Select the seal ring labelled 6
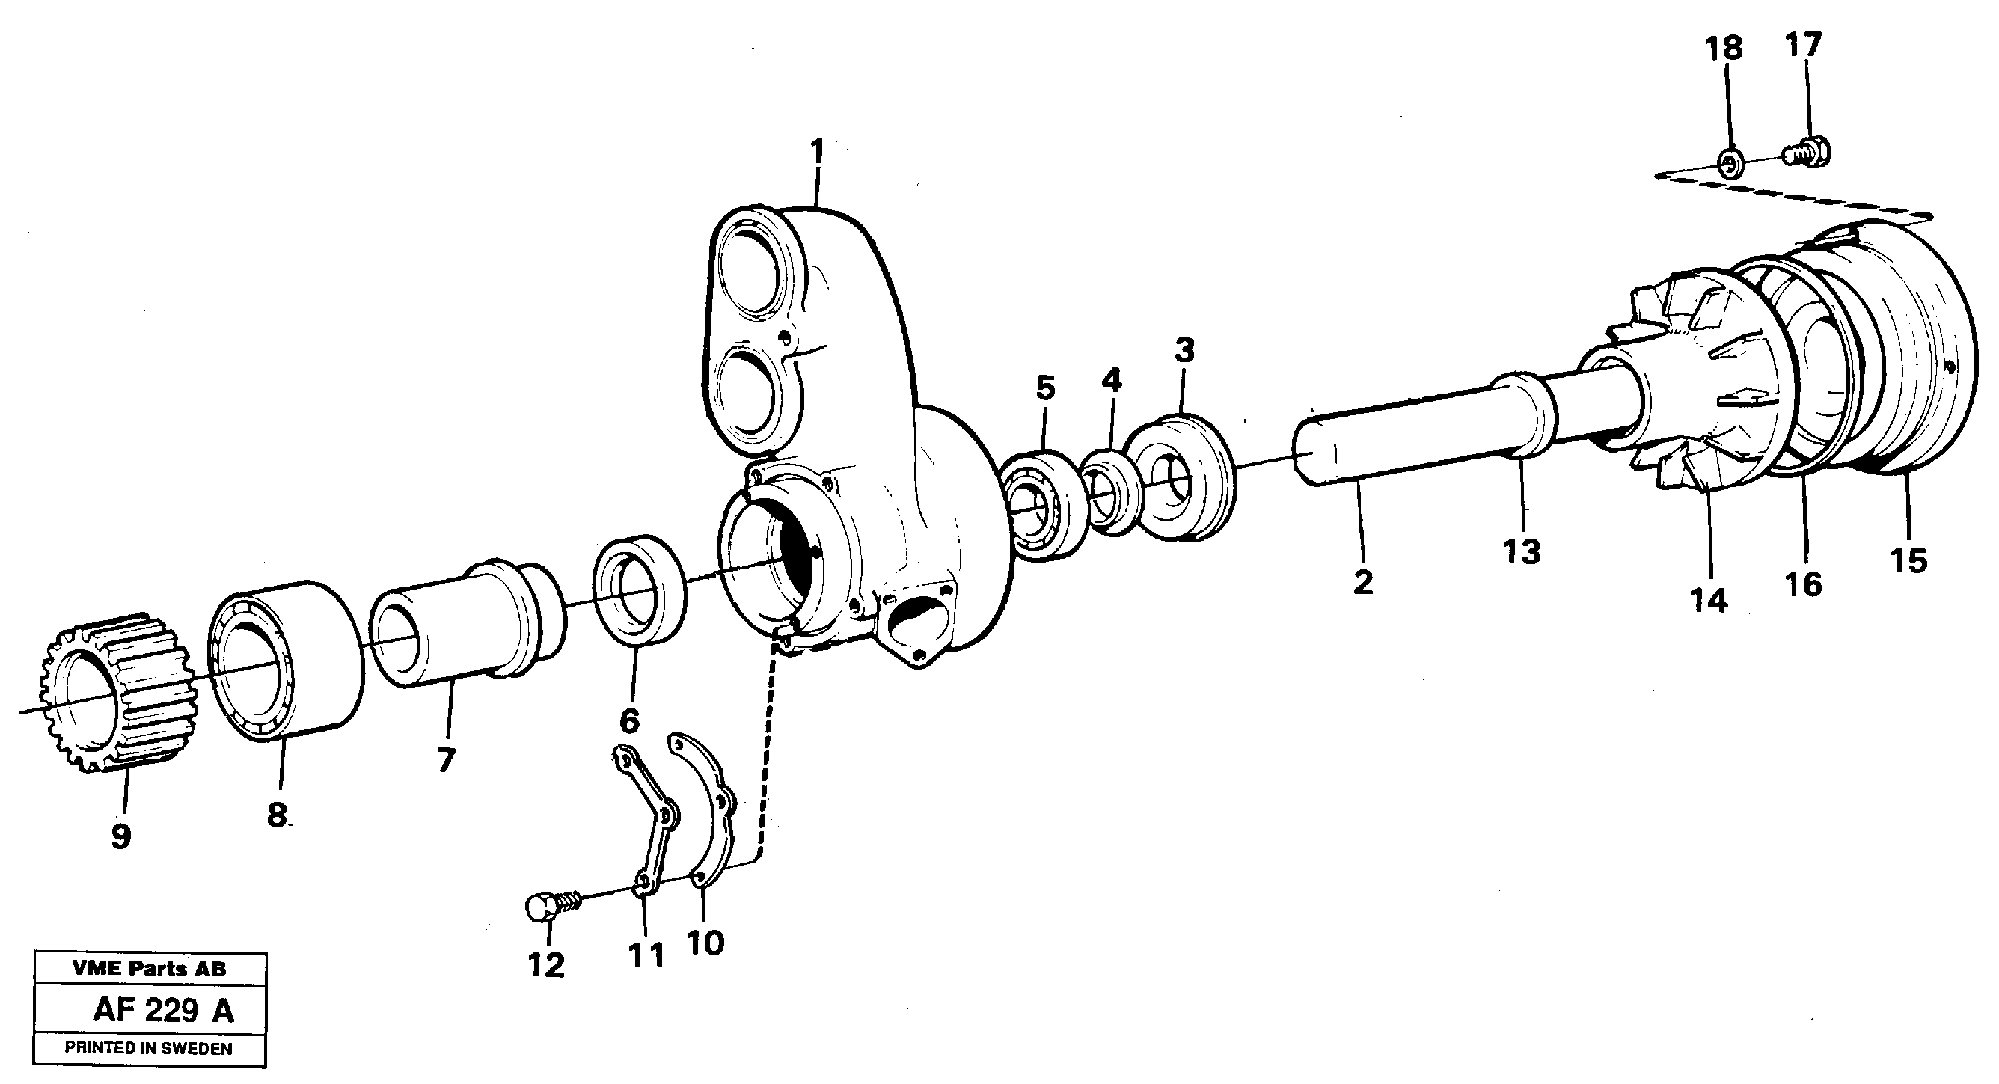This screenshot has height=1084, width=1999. (x=639, y=579)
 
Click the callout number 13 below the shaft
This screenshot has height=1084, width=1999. (x=1522, y=554)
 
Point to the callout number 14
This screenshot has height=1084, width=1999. (x=1709, y=600)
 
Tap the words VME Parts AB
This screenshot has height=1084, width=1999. (x=149, y=968)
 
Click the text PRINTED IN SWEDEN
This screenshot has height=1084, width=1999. (x=148, y=1048)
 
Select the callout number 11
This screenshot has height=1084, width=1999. (x=646, y=956)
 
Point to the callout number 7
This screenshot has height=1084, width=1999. (x=444, y=759)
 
